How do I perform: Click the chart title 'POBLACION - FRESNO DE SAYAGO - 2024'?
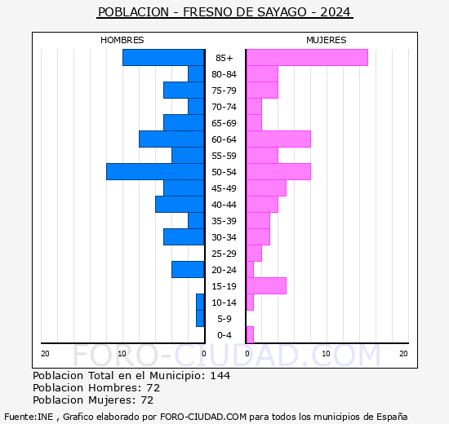tap(224, 12)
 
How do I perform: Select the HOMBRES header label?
tap(122, 40)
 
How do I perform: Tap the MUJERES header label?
tap(326, 40)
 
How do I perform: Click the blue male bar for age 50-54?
tap(155, 171)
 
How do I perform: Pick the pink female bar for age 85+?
tap(306, 57)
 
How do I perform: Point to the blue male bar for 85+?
tap(163, 57)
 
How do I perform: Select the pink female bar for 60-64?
tap(278, 139)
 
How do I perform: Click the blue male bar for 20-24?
tap(188, 269)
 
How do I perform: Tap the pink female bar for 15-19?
tap(265, 285)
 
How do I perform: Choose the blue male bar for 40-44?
tap(180, 204)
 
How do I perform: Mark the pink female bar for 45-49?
tap(265, 188)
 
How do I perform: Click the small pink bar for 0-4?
tap(250, 334)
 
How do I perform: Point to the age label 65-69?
tap(224, 123)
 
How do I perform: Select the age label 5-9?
tap(224, 319)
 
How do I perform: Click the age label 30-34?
tap(224, 237)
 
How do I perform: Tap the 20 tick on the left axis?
tap(45, 353)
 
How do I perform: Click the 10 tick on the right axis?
tap(326, 353)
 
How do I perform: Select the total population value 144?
tap(220, 375)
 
